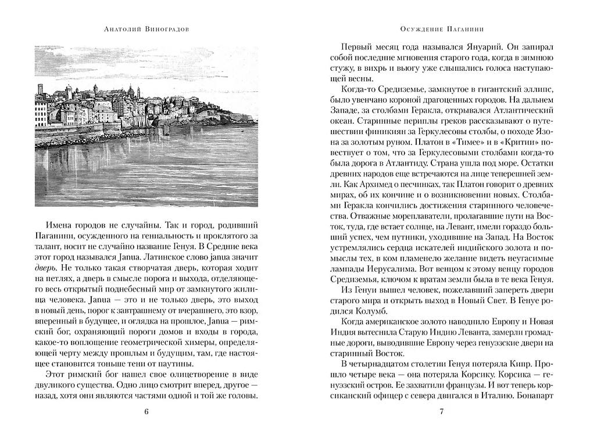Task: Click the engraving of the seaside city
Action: point(146,125)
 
